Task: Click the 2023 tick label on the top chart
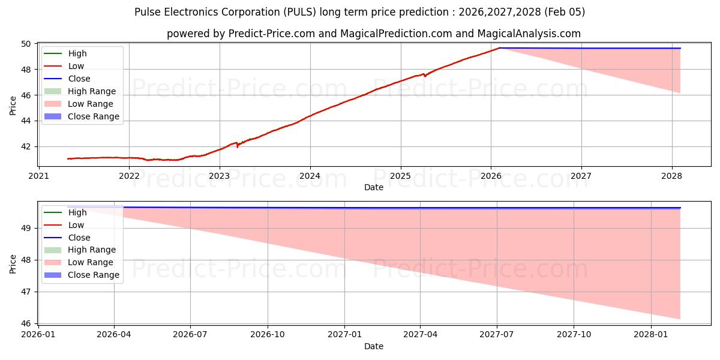(x=220, y=176)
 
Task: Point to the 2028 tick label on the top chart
(x=672, y=176)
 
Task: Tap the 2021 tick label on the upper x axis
(x=39, y=176)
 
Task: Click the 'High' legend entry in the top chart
(x=77, y=53)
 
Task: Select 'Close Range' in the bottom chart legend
(x=93, y=275)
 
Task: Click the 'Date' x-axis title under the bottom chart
(x=374, y=346)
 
